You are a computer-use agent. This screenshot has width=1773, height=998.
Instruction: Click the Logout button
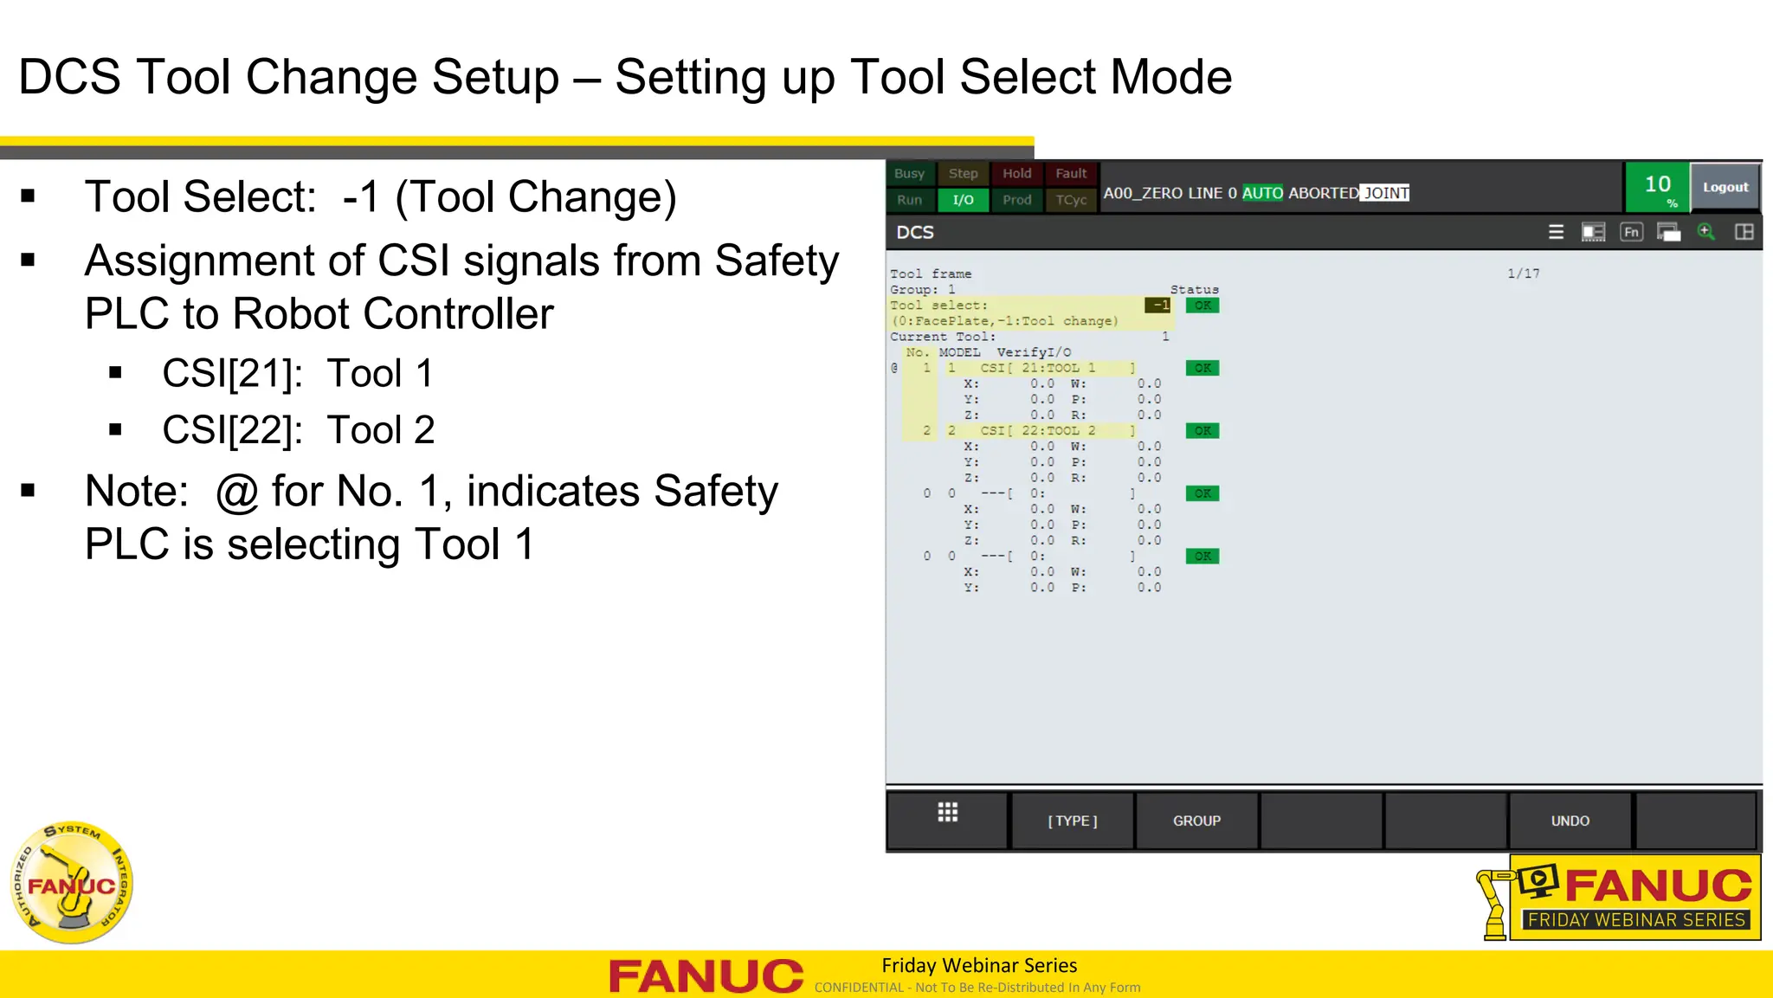tap(1725, 187)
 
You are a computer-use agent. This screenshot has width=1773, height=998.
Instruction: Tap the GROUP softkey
tap(1196, 821)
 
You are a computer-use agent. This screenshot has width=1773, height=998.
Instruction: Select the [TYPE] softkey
tap(1073, 821)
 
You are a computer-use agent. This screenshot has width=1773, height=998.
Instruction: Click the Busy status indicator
tap(909, 174)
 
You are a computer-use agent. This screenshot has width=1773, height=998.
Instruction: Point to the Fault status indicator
tap(1071, 174)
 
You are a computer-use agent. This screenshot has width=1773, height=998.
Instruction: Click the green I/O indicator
tap(963, 200)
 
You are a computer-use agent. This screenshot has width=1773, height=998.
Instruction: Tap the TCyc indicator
tap(1071, 200)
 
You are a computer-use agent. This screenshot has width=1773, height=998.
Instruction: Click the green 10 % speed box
tap(1657, 187)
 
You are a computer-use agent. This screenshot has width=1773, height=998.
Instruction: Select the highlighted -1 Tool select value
tap(1158, 305)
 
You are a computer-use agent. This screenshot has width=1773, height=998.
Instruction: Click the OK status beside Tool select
tap(1202, 306)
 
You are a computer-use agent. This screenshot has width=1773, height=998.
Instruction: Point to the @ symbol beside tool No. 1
tap(894, 368)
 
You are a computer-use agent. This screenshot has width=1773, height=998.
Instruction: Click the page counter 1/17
tap(1523, 274)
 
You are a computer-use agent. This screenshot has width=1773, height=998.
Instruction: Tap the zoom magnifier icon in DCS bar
tap(1705, 232)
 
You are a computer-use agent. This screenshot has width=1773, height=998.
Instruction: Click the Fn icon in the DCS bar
tap(1631, 232)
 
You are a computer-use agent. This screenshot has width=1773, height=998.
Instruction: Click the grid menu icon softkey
tap(948, 813)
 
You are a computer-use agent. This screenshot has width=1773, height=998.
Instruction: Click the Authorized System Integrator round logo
tap(72, 882)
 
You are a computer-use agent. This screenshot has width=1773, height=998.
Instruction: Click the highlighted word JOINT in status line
tap(1385, 193)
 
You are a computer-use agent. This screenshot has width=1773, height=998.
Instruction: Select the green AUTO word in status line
tap(1262, 193)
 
